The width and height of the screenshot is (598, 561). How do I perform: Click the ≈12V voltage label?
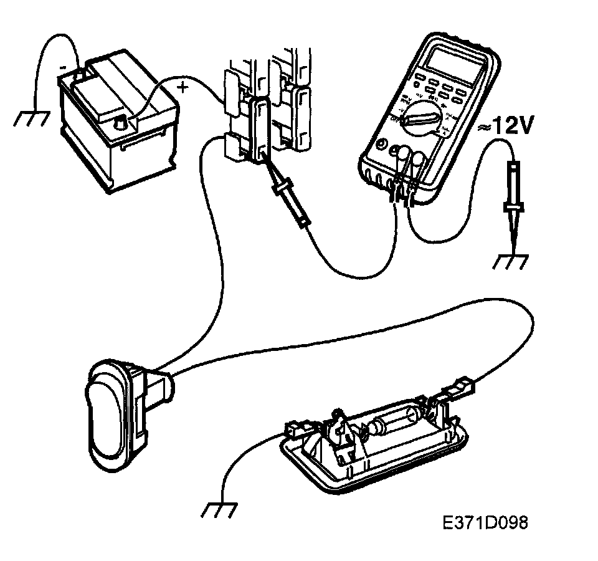506,127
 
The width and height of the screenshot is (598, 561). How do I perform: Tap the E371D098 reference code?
486,522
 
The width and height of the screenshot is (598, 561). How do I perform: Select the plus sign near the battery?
182,88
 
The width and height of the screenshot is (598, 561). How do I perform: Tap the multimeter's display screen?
447,62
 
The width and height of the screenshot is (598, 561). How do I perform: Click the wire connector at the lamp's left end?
293,430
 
